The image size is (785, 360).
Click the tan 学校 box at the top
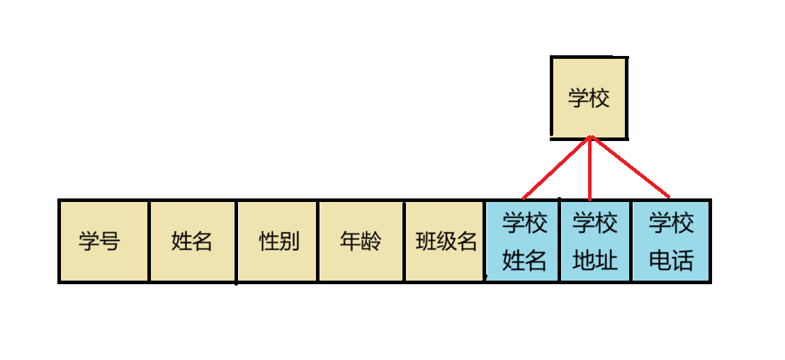[589, 98]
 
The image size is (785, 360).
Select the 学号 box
[104, 241]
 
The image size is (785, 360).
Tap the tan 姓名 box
[192, 241]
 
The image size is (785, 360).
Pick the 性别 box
[279, 241]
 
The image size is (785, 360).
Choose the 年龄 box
[361, 241]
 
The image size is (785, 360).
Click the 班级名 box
[446, 241]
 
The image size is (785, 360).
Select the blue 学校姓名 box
[524, 241]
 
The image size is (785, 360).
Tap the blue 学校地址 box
[595, 241]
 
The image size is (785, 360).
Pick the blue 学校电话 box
[671, 241]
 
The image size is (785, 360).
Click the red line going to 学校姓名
[556, 167]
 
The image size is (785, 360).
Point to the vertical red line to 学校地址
[590, 170]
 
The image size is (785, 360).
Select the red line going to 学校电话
[629, 167]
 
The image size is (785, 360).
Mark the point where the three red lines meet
[590, 137]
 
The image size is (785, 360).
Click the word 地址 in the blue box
[595, 261]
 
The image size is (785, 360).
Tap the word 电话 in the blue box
[671, 261]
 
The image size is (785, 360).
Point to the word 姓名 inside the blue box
[524, 261]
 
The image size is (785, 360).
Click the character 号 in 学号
[110, 242]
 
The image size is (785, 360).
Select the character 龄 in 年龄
[371, 242]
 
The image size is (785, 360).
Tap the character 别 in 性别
[290, 242]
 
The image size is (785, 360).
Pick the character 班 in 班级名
[426, 242]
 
